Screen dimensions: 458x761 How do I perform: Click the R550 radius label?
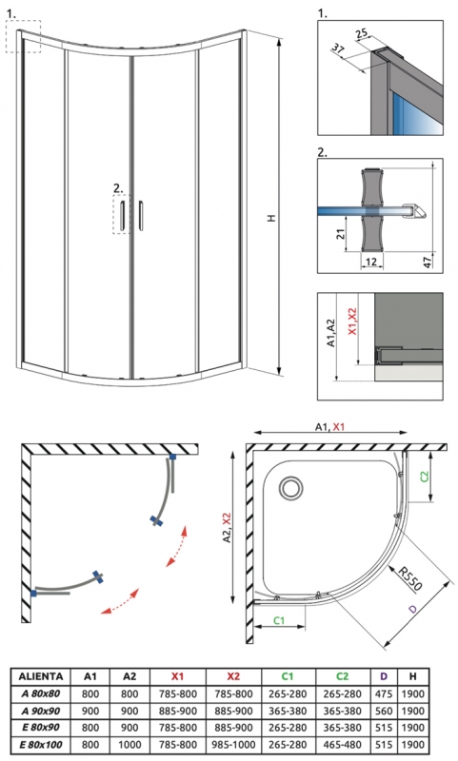(409, 577)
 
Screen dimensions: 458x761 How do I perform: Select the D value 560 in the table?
(383, 711)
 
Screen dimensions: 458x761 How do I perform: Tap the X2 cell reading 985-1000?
(233, 744)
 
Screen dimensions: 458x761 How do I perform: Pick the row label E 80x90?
(40, 727)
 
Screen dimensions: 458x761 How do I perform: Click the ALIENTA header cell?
(41, 676)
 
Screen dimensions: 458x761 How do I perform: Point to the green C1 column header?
(288, 676)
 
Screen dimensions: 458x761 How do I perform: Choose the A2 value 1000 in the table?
(129, 744)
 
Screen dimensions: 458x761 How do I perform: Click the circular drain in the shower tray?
(291, 487)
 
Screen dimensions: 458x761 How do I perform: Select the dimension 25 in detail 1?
(362, 33)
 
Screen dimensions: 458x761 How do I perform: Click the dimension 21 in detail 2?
(341, 233)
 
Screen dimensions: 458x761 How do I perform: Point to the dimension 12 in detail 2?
(371, 263)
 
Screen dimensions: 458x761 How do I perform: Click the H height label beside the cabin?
(271, 218)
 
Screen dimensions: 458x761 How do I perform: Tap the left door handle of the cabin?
(123, 214)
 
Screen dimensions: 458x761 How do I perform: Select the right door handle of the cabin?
(141, 214)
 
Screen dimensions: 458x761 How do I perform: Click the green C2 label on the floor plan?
(425, 477)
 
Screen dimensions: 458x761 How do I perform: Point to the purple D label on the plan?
(412, 609)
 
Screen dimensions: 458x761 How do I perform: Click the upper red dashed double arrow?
(175, 545)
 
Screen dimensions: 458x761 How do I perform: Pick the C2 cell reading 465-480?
(343, 744)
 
